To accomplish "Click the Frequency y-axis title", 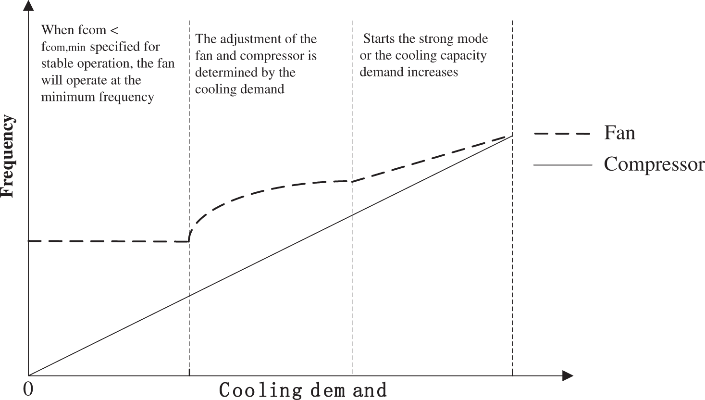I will (8, 156).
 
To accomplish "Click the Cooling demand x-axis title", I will (303, 389).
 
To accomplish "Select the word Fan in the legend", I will (619, 133).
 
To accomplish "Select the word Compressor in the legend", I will (654, 164).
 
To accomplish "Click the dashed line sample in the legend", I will (562, 134).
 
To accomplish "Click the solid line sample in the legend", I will (562, 165).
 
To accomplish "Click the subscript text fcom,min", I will (64, 48).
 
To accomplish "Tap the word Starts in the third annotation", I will (378, 39).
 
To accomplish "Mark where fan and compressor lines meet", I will (512, 136).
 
